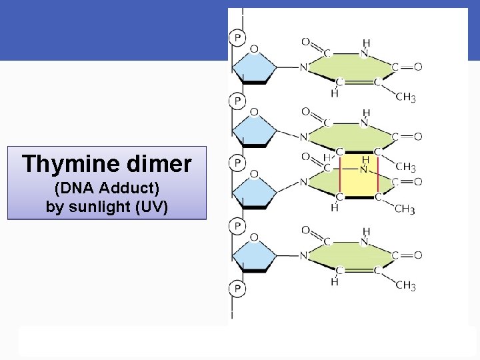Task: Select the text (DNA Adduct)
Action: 107,189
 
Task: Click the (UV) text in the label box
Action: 151,206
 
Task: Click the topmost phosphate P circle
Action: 237,37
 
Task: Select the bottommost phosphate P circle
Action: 237,289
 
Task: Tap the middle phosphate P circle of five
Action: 237,163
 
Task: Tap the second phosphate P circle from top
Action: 237,101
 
